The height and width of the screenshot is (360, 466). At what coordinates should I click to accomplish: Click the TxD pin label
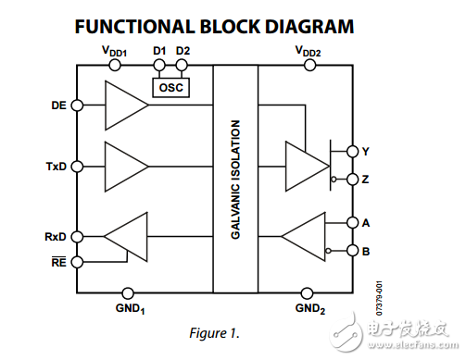(x=54, y=167)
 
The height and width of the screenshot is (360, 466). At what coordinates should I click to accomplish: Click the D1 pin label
(x=158, y=50)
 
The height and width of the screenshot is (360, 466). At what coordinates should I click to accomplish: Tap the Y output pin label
(x=366, y=150)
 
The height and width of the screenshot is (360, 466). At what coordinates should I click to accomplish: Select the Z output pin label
(x=366, y=178)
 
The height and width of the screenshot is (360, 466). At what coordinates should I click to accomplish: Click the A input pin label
(x=366, y=222)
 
